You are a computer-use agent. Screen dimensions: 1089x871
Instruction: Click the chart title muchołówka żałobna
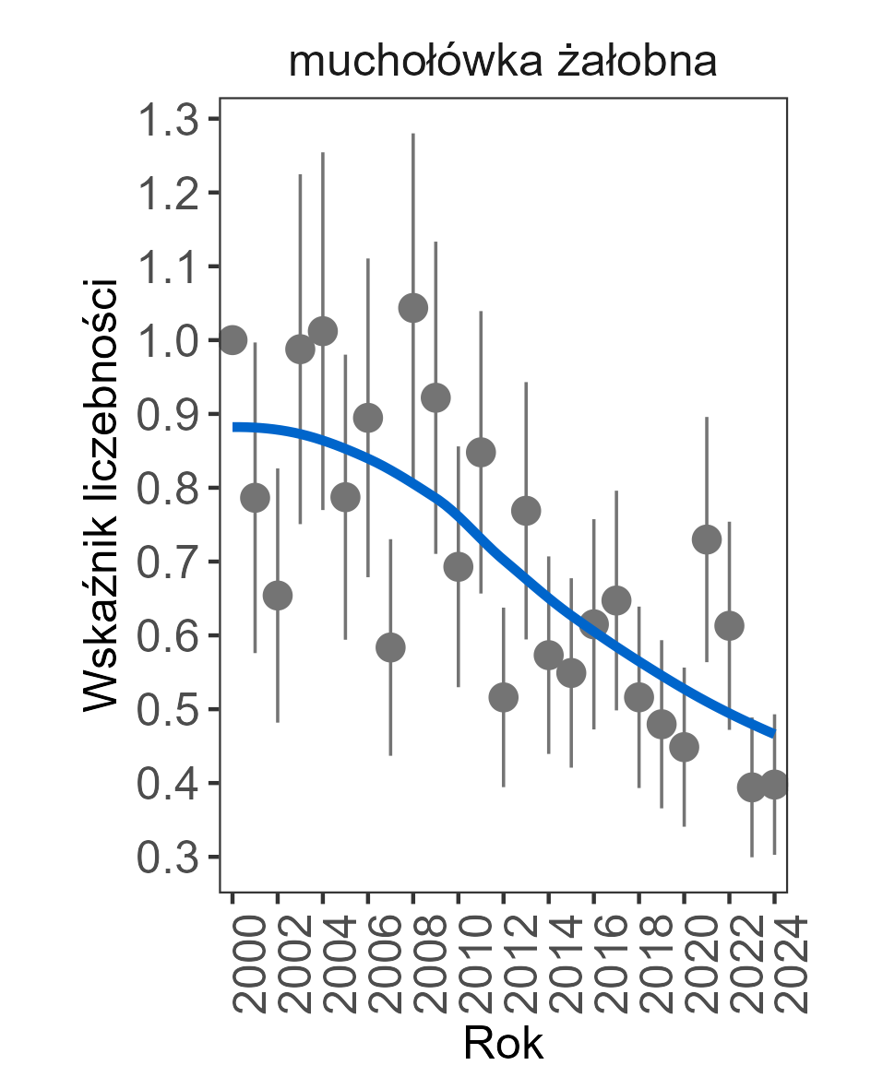[x=503, y=63]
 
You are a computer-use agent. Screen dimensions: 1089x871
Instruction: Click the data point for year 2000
[x=233, y=340]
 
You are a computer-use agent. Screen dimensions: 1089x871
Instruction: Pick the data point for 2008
[x=413, y=308]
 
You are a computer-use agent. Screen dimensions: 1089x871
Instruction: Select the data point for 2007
[x=390, y=647]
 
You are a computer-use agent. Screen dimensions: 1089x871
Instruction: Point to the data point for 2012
[x=504, y=697]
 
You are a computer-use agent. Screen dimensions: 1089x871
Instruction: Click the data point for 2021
[x=707, y=539]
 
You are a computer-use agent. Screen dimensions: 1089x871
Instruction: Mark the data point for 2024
[x=774, y=786]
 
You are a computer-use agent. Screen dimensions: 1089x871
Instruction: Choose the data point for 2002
[x=278, y=596]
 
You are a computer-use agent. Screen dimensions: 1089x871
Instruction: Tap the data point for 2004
[x=323, y=330]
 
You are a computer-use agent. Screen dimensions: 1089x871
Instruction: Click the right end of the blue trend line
[x=774, y=733]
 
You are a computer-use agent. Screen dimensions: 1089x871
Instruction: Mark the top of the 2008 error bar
[x=413, y=135]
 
